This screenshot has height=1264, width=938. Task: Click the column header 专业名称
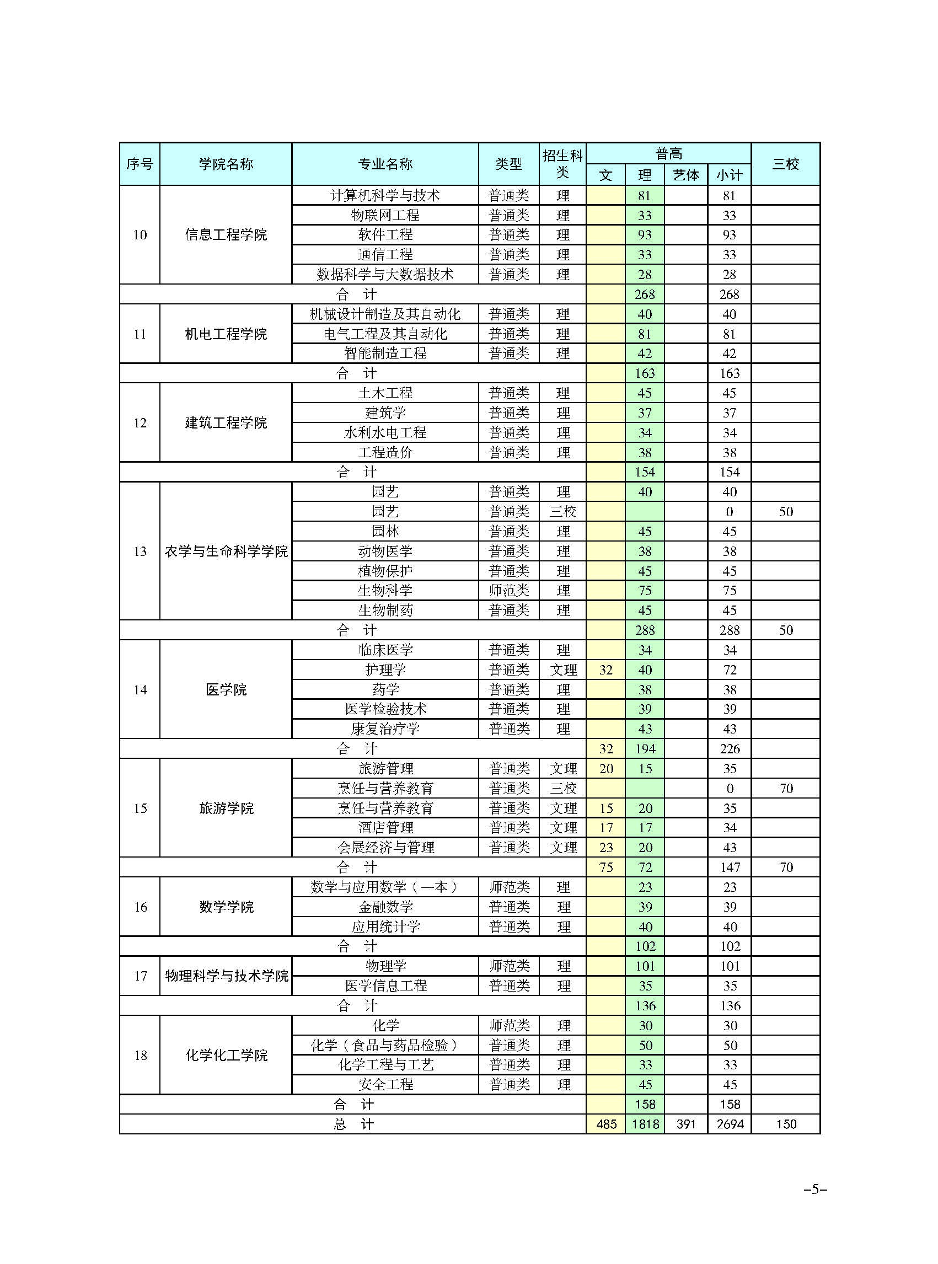(x=385, y=164)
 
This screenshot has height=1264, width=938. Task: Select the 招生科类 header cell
(x=562, y=164)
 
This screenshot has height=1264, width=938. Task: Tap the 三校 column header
(x=785, y=164)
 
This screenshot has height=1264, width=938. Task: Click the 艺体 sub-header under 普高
(x=686, y=175)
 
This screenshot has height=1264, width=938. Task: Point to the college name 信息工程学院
(x=226, y=234)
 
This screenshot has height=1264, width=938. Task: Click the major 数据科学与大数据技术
(x=385, y=274)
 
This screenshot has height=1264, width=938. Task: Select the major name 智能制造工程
(x=385, y=353)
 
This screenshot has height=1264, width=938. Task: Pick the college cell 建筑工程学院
(x=226, y=422)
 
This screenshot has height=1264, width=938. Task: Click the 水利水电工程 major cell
(x=385, y=433)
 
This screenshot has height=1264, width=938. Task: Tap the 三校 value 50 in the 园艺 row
(x=785, y=512)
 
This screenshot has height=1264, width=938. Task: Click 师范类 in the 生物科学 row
(x=509, y=591)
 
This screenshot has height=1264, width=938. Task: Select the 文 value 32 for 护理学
(x=606, y=670)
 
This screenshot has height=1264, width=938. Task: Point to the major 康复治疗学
(x=385, y=729)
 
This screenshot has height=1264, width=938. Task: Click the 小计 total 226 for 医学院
(x=730, y=749)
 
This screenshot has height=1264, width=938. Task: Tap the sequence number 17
(x=140, y=976)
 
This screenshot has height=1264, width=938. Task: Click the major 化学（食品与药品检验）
(x=385, y=1046)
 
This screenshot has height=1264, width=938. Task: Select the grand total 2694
(x=730, y=1124)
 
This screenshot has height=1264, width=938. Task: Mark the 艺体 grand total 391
(x=686, y=1124)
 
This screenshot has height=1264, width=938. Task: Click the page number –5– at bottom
(x=815, y=1190)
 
